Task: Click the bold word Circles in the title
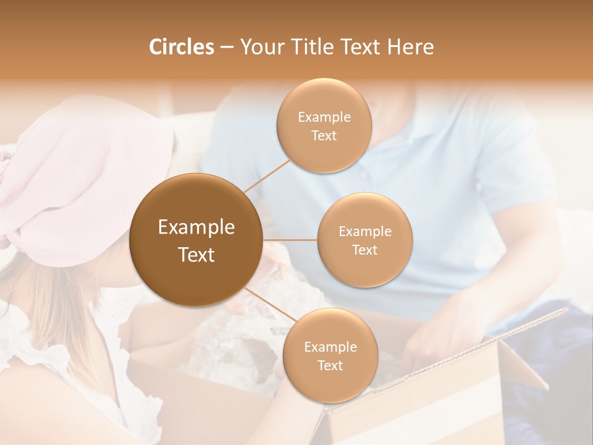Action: [182, 47]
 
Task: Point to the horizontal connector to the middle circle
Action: [290, 240]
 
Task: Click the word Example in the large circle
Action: [196, 227]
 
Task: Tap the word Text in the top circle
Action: [324, 135]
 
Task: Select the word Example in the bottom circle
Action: [330, 347]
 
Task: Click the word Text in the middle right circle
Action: [364, 250]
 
